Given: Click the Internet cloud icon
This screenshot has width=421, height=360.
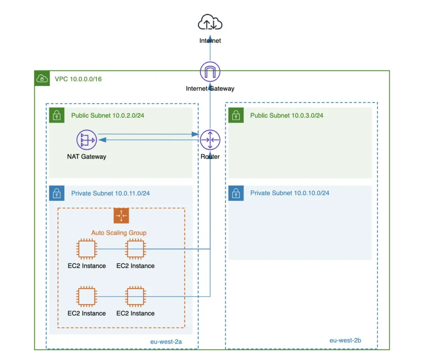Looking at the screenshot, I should [x=210, y=23].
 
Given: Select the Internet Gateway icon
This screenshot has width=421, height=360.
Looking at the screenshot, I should [x=210, y=72].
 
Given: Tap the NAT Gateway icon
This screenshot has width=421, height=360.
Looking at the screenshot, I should [x=86, y=140].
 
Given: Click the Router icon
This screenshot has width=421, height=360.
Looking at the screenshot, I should [x=210, y=140].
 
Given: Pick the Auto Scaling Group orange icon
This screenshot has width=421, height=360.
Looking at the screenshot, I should [x=121, y=216].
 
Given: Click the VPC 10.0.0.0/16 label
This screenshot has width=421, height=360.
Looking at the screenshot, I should [x=78, y=79].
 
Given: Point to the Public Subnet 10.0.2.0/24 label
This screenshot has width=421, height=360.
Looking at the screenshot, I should [x=108, y=115].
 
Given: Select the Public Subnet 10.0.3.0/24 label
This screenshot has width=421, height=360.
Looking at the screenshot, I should [x=287, y=115].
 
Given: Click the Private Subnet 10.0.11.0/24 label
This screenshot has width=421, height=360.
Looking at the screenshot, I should [x=110, y=193].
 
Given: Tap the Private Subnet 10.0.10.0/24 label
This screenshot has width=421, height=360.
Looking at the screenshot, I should [x=289, y=193].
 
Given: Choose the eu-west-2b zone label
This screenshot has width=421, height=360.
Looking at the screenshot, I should [x=345, y=340].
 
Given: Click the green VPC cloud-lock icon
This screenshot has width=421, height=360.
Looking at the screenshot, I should [x=42, y=78].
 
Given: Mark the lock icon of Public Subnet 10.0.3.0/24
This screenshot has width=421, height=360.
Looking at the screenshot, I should [x=236, y=115].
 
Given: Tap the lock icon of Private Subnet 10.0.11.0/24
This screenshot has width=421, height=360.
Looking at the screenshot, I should [x=57, y=193].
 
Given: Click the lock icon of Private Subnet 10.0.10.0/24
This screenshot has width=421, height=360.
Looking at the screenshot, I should [x=236, y=193].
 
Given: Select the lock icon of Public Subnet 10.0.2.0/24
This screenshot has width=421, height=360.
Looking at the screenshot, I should [x=57, y=115].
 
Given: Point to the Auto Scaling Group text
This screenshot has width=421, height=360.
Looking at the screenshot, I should [x=119, y=233].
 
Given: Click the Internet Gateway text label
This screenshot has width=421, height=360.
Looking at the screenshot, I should [x=210, y=88].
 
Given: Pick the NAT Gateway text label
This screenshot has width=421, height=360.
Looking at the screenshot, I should [x=86, y=157].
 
